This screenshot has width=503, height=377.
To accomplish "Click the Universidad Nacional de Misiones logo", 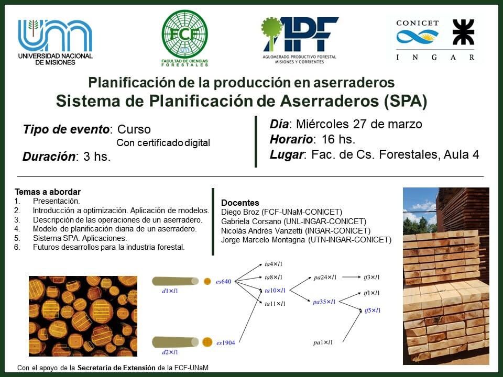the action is [x=55, y=42].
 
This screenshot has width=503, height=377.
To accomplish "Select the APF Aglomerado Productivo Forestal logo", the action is [x=299, y=40].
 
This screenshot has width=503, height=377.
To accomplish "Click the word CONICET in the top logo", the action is [x=418, y=23].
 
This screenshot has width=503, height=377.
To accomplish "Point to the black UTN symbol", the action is [x=463, y=32].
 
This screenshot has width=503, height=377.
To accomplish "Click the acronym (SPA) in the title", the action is [x=406, y=101].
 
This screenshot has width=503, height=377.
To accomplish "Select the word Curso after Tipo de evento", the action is [x=134, y=129].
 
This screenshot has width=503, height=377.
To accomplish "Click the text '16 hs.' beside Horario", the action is [x=338, y=139].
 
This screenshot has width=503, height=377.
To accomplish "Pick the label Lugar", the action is [x=286, y=155].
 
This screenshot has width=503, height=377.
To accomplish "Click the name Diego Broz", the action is [x=240, y=212].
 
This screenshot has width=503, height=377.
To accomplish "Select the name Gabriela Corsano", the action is [x=251, y=221].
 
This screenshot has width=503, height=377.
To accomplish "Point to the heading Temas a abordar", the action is [x=48, y=192].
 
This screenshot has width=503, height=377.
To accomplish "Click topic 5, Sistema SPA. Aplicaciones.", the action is [x=80, y=238].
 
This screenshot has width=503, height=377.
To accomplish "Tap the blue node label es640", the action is [x=224, y=282].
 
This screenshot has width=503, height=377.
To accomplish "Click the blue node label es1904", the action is [x=225, y=342].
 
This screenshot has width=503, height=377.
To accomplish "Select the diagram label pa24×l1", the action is [x=325, y=278].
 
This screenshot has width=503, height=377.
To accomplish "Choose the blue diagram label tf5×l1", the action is [x=373, y=311].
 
